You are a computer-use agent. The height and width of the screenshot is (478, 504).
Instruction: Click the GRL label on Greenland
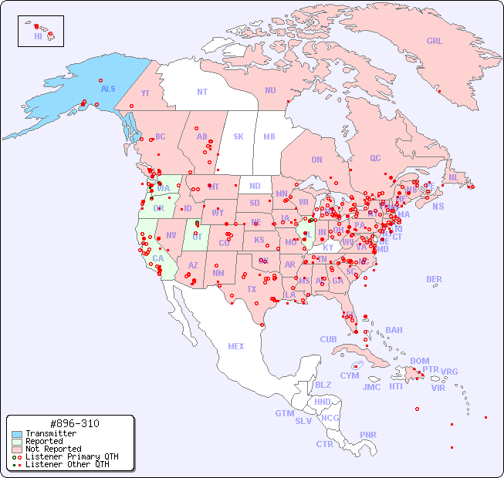point(435,41)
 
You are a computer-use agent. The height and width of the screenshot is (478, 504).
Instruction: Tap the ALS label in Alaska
point(108,89)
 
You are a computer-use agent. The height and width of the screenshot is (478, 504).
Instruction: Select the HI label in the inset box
point(38,36)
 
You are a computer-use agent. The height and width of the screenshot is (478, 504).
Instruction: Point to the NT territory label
point(202,91)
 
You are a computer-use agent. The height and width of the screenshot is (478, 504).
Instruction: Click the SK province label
point(238,136)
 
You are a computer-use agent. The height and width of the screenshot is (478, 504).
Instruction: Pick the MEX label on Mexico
point(236,346)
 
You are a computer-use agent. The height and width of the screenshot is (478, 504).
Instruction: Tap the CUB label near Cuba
point(328,339)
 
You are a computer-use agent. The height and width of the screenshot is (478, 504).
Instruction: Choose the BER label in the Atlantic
point(434,279)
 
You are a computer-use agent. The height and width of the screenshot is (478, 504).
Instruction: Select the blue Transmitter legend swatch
point(17,434)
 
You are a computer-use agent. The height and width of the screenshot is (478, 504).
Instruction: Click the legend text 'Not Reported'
point(53,449)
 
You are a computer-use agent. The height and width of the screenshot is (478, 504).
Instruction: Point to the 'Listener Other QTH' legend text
point(67,464)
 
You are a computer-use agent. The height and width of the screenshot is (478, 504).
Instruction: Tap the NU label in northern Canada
point(270,90)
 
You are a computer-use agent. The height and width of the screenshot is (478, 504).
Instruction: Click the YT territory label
point(145,93)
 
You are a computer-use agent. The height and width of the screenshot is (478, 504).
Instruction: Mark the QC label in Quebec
point(375,158)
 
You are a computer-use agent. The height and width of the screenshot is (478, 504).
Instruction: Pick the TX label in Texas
point(252,289)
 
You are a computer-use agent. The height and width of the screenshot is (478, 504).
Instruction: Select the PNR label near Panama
point(368,435)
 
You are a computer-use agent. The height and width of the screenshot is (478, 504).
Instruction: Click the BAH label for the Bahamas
point(394,330)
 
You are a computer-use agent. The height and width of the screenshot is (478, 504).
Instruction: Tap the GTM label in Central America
point(284,413)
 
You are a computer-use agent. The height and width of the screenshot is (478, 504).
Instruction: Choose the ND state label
point(255,186)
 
